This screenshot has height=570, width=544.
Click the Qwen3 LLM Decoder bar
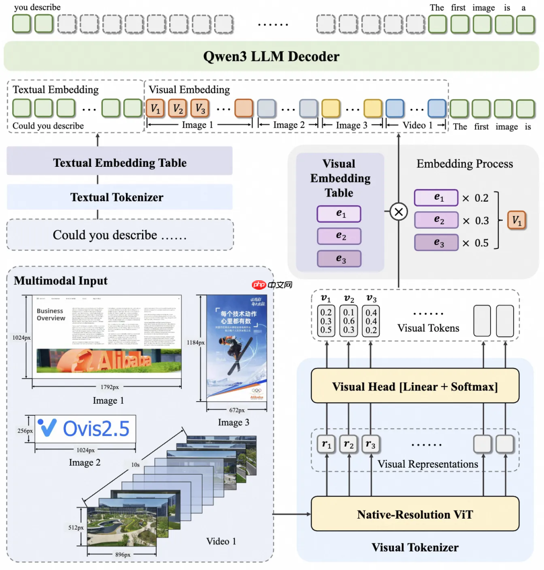271,56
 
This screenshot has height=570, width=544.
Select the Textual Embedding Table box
119,163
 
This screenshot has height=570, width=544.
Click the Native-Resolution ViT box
415,514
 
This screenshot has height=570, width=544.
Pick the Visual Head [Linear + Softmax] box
415,387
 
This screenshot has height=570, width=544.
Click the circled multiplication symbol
398,212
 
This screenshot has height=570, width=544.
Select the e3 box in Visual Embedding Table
339,259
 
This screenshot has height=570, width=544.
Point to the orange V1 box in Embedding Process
517,220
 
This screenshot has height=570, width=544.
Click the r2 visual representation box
349,445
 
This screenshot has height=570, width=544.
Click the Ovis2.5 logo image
85,429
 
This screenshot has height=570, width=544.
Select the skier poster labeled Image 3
236,348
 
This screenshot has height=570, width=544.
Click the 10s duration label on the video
135,465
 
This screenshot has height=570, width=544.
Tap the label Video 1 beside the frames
221,541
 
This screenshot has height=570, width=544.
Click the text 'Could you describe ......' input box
119,235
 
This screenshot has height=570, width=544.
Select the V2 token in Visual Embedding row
178,108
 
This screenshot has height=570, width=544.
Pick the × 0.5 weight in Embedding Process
475,243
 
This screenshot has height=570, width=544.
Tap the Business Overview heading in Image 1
51,314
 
